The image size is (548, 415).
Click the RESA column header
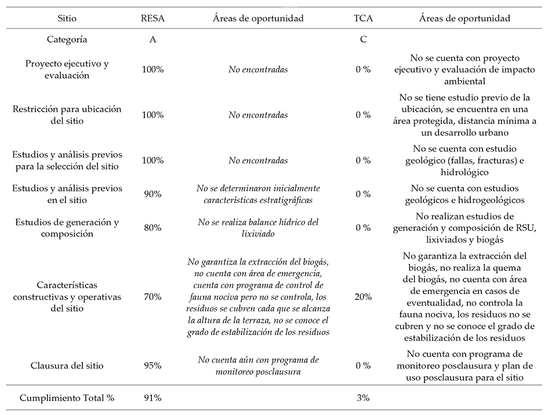(x=153, y=19)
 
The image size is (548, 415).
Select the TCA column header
(x=363, y=19)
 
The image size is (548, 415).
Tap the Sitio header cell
(x=67, y=19)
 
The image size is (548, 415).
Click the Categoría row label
(x=67, y=40)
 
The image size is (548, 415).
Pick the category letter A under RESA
(x=153, y=40)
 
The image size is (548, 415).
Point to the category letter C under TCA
(x=363, y=40)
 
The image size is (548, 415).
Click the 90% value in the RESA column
(x=153, y=194)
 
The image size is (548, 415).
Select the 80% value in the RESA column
(x=153, y=227)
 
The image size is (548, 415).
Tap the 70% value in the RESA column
(x=153, y=297)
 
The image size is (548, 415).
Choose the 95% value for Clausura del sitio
(x=153, y=365)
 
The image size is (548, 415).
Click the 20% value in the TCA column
(x=363, y=297)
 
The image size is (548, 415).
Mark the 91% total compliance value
(x=153, y=398)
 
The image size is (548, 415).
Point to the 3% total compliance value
(x=363, y=398)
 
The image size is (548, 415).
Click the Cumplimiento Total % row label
(x=67, y=398)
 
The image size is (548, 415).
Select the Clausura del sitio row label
(x=67, y=365)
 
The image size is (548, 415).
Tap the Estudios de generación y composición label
(x=67, y=227)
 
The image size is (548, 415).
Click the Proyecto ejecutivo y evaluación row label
(x=67, y=69)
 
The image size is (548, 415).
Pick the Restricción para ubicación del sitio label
(x=67, y=115)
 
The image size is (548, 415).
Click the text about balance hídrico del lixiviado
(x=258, y=227)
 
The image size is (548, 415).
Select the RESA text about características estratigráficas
(x=258, y=194)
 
